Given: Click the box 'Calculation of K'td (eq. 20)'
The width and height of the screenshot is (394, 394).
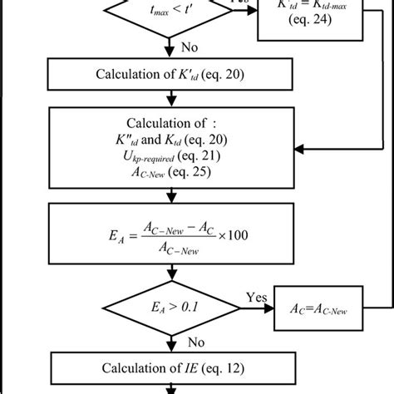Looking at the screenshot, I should (170, 74).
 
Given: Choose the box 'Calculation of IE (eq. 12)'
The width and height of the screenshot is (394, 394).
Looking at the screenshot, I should (170, 367).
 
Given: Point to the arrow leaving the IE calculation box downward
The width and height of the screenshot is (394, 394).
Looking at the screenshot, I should (170, 388).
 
